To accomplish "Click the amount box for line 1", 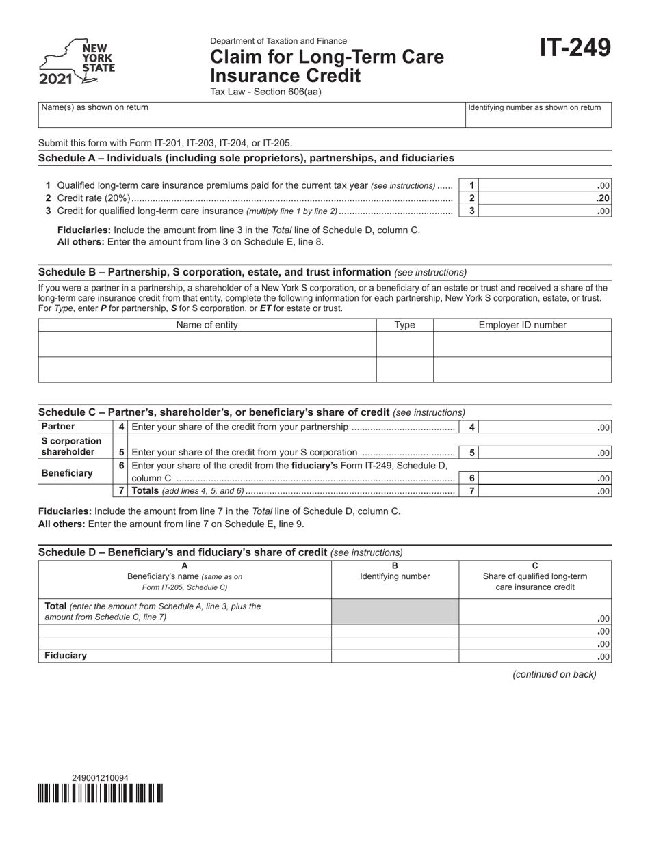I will coord(545,186).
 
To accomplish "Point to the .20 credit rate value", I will coord(602,198).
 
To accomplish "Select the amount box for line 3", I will coord(545,211).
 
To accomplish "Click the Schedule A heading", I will coord(246,158).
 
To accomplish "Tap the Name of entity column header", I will coord(207,325).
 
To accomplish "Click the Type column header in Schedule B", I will coord(404,325).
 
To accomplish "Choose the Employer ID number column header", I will coord(522,325).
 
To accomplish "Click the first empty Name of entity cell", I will coord(207,345).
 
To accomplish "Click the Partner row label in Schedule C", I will coord(58,427).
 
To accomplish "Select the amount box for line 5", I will coord(545,452).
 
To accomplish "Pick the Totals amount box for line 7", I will coord(545,491).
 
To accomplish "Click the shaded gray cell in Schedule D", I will coord(395,611).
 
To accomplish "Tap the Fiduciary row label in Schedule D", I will coord(66,656).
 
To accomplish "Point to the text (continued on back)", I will coord(554,674).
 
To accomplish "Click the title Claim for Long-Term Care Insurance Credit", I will coord(326,66).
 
